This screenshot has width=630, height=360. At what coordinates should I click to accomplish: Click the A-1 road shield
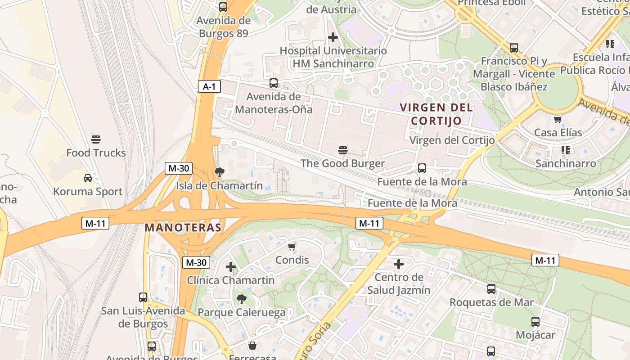pos(209,86)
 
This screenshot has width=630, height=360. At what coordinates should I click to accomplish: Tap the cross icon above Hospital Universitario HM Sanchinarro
pos(333,37)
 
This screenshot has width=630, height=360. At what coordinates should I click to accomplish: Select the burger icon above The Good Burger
pos(343,150)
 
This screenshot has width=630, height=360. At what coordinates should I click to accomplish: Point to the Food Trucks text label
pos(96,153)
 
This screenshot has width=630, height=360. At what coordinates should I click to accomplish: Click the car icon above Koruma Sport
pos(88,178)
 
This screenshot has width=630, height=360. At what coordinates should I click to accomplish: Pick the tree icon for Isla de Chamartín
pos(220,172)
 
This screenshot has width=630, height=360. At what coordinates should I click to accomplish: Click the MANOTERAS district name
pos(183,228)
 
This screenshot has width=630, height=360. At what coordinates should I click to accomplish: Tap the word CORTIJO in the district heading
pos(436,121)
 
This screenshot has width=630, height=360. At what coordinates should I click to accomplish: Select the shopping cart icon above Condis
pos(292,247)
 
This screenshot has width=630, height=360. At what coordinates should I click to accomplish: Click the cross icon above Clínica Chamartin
pos(231,267)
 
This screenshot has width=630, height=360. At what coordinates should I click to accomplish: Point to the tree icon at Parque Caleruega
pos(242,299)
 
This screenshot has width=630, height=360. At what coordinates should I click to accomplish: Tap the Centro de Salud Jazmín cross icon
pos(399,264)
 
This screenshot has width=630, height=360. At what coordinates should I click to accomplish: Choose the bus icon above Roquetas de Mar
pos(491,289)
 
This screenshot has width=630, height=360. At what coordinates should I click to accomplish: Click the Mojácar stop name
pos(535,335)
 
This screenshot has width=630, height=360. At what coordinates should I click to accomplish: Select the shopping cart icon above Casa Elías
pos(558,119)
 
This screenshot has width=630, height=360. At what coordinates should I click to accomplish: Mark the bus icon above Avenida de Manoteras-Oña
pos(274,83)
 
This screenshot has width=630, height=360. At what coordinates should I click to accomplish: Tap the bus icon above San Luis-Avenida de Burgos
pos(143,297)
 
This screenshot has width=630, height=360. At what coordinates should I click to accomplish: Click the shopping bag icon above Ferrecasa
pos(252,346)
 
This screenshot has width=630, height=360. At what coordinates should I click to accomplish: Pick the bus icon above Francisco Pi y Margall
pos(513,48)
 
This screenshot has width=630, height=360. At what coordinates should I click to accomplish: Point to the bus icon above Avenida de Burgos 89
pos(223,7)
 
